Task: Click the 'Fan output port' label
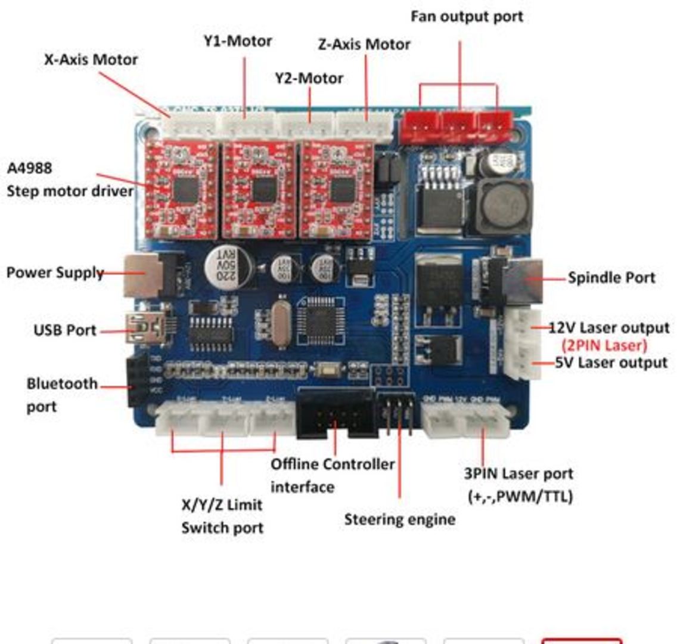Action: click(467, 16)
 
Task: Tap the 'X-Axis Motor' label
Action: click(91, 60)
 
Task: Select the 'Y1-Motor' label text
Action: click(238, 41)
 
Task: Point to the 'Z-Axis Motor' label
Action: click(364, 44)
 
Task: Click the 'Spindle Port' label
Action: click(611, 277)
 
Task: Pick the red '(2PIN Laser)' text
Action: click(604, 345)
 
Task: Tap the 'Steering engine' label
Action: click(399, 519)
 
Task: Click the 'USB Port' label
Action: click(64, 330)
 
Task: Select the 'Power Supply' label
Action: click(55, 273)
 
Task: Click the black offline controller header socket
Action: click(336, 413)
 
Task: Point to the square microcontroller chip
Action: click(321, 320)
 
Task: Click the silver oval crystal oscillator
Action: click(281, 324)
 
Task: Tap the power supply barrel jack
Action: click(146, 275)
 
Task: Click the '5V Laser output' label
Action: click(611, 363)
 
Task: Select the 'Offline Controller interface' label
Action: click(332, 475)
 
